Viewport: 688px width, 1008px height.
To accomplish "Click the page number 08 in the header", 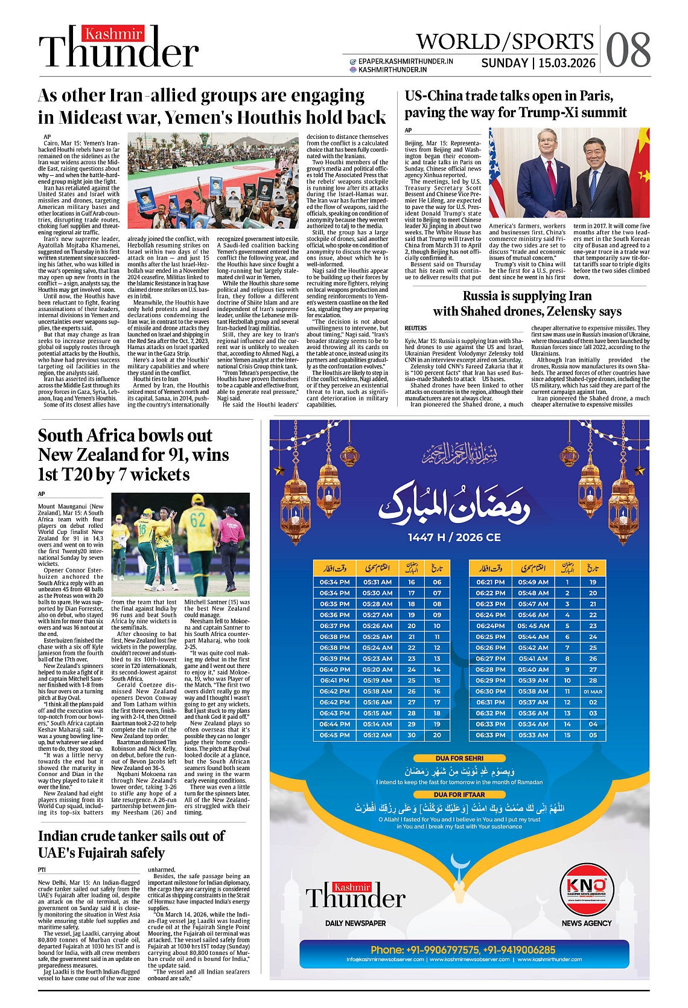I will pos(628,50).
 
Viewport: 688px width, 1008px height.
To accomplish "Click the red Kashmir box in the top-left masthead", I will pos(113,34).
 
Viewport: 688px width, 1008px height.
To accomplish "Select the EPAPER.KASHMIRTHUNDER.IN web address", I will pos(406,61).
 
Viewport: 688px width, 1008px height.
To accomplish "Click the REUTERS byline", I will pos(416,328).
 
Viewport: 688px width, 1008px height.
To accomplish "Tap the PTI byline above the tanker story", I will pos(42,870).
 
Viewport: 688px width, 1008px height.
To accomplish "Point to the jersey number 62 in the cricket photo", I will pos(198,519).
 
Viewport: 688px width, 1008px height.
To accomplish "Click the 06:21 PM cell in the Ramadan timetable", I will pos(490,582).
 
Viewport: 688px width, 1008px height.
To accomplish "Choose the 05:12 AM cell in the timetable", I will pos(377,735).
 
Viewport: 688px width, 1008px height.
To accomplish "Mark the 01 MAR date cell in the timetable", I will pos(593,692).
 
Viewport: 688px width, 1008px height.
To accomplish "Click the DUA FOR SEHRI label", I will pos(459,758).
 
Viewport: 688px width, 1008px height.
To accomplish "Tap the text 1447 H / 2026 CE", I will pos(454,537).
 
